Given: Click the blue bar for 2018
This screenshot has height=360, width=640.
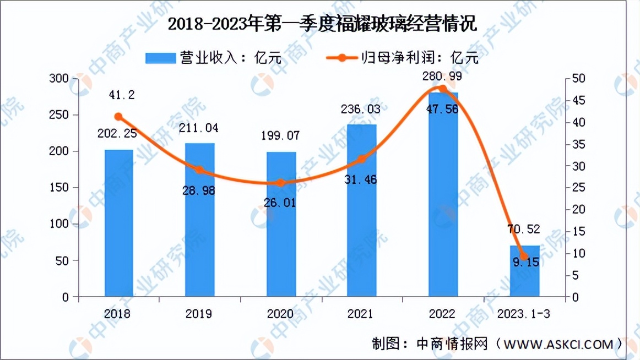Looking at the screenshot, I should (x=118, y=223).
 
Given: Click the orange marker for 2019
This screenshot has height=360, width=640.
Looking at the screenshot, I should (x=200, y=170).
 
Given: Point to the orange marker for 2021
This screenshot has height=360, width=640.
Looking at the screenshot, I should (x=362, y=159).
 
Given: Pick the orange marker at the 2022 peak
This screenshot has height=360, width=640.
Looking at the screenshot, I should (x=443, y=89).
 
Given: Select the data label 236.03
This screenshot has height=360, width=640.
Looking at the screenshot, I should (x=361, y=110).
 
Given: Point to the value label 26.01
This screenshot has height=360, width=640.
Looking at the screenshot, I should (x=280, y=203).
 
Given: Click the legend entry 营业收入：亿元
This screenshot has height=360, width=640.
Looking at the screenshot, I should (x=214, y=57).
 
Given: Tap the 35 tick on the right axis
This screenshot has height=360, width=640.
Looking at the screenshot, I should (x=577, y=144).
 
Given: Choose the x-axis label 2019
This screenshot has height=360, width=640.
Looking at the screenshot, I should (x=199, y=314).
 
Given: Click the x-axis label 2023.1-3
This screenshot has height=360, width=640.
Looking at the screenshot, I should (x=523, y=314).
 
